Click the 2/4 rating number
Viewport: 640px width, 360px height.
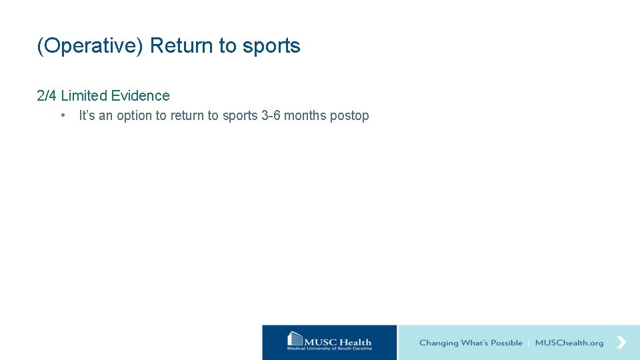pos(47,96)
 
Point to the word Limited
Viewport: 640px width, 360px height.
pos(84,96)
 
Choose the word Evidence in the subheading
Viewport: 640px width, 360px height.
pos(141,96)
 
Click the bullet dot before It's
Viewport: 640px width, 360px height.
pos(62,115)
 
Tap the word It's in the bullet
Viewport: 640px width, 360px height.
pos(87,116)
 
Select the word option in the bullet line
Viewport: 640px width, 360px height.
pos(135,116)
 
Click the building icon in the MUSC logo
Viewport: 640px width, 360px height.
pos(295,340)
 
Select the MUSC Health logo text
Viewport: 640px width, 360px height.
pos(338,342)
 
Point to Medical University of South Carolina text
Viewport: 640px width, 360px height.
pos(329,349)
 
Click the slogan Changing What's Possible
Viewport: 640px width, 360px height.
pos(471,343)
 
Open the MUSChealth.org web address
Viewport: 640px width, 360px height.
pos(569,343)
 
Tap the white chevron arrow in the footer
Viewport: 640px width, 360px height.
pos(621,342)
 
